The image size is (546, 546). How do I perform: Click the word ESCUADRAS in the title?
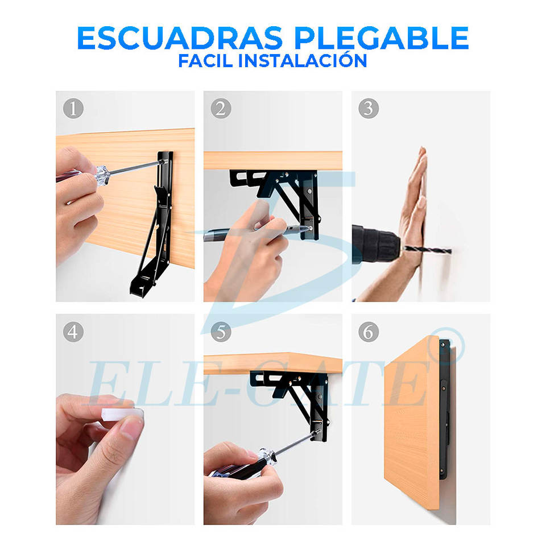click(180, 38)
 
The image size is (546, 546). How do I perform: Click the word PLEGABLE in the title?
click(382, 38)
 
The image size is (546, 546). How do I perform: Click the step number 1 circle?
click(73, 108)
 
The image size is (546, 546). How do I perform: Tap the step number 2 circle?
click(221, 108)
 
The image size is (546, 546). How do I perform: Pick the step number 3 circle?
click(369, 108)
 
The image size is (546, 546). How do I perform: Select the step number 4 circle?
click(73, 332)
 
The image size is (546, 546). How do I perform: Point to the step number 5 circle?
click(221, 332)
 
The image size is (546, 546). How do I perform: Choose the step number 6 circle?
click(369, 332)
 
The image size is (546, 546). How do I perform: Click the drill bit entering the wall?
click(428, 250)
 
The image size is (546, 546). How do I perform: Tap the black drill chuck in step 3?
click(375, 245)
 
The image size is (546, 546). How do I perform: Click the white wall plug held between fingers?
click(122, 415)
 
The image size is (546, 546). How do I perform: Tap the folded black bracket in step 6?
click(445, 409)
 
